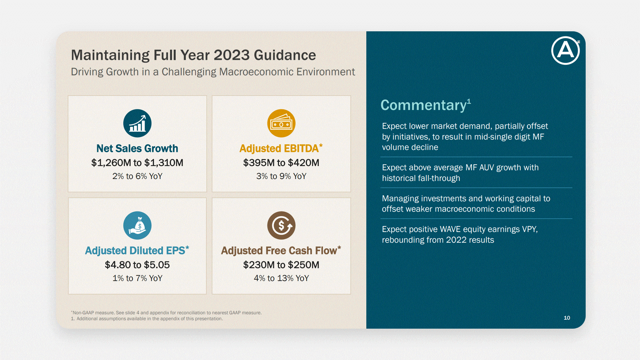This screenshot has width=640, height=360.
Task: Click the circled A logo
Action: (x=565, y=51)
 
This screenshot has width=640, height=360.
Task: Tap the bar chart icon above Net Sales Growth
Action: (x=137, y=123)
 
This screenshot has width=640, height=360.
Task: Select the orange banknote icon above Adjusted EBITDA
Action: (x=281, y=123)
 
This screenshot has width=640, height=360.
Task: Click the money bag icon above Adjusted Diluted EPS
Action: (x=137, y=225)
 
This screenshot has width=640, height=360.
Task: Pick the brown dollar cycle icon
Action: (x=281, y=225)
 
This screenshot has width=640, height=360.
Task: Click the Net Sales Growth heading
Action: (x=137, y=148)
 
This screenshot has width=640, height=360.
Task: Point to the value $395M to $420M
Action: (x=281, y=163)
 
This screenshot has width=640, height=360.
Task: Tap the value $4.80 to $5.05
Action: (x=137, y=265)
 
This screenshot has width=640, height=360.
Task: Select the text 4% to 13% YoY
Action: (x=281, y=278)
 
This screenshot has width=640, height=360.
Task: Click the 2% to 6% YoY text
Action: (x=137, y=176)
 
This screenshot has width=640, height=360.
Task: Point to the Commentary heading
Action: (x=424, y=105)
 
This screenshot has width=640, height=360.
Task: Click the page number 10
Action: (x=567, y=318)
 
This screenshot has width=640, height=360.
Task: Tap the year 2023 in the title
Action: (x=231, y=55)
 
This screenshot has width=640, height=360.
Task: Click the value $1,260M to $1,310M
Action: (x=137, y=163)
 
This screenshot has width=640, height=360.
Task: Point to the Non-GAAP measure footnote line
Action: (x=166, y=313)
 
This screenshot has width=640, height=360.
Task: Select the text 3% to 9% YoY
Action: (x=281, y=176)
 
